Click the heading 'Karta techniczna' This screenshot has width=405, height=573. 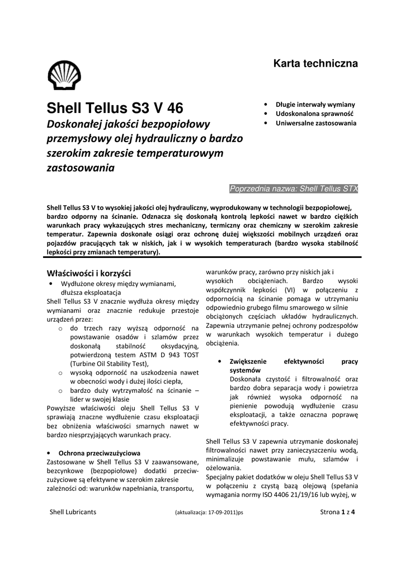pos(315,64)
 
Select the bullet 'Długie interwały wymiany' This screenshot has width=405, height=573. pos(315,105)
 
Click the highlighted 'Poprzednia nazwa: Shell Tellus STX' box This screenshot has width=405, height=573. pos(294,189)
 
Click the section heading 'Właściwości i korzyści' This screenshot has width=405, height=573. pos(88,273)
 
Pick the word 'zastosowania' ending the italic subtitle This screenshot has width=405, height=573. pos(79,167)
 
